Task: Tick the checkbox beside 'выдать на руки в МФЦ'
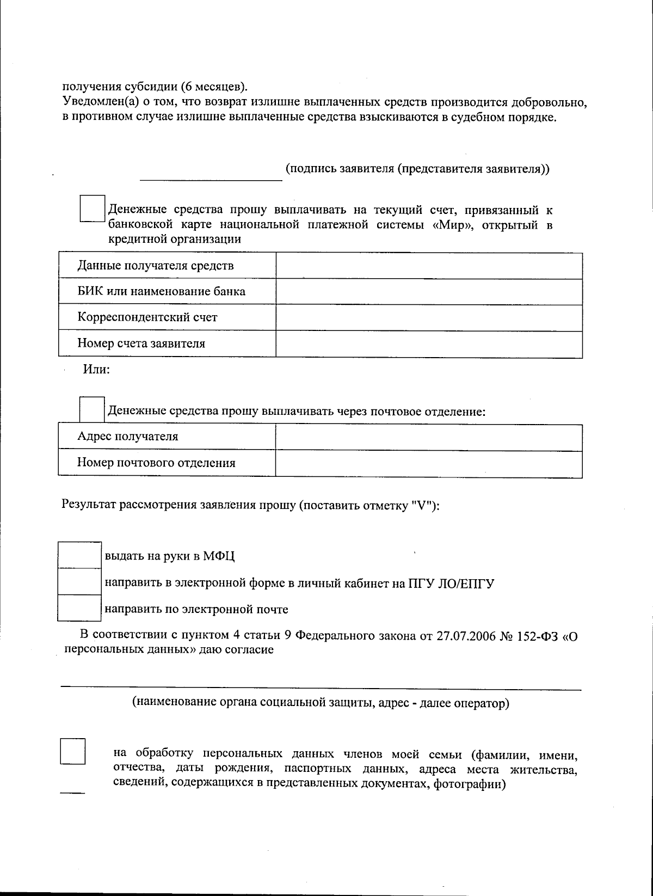click(79, 555)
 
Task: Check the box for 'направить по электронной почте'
click(79, 608)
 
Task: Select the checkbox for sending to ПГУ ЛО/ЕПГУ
click(79, 581)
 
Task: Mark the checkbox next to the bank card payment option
click(92, 208)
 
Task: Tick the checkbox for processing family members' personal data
click(72, 751)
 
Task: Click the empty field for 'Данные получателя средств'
click(429, 266)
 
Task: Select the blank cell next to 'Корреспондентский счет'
click(429, 317)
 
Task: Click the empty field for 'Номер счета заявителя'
click(429, 343)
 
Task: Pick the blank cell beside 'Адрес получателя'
click(429, 437)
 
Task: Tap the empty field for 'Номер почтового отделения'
click(429, 463)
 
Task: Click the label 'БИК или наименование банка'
click(161, 291)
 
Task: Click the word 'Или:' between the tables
click(96, 370)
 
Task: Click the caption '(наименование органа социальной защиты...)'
click(321, 703)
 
